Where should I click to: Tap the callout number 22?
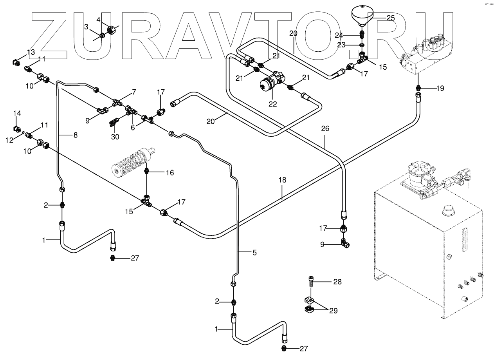(272, 104)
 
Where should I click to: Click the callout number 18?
(282, 180)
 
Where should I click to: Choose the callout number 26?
(326, 128)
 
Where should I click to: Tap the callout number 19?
(440, 88)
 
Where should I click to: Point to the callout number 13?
(31, 52)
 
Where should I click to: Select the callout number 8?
(75, 135)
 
